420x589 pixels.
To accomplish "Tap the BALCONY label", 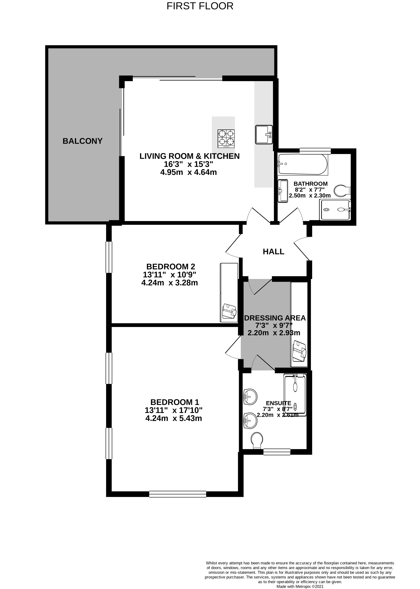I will coord(83,141).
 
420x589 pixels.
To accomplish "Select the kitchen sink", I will coord(264,134).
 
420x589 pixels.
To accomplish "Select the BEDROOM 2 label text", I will coord(171,267).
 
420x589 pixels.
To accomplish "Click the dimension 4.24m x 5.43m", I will coord(174,418).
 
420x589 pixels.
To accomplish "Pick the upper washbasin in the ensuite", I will coord(250,397).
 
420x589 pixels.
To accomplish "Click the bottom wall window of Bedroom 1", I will coord(178,494).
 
